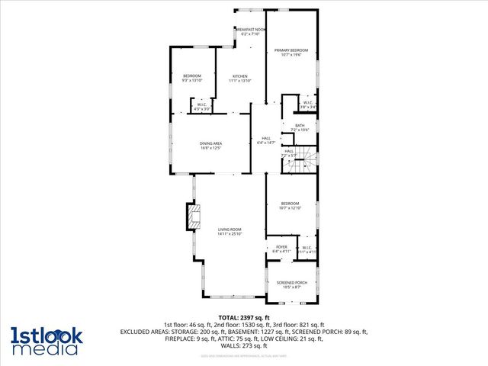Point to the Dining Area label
pos(210,146)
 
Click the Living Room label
pos(230,231)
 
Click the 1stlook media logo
pos(44,340)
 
